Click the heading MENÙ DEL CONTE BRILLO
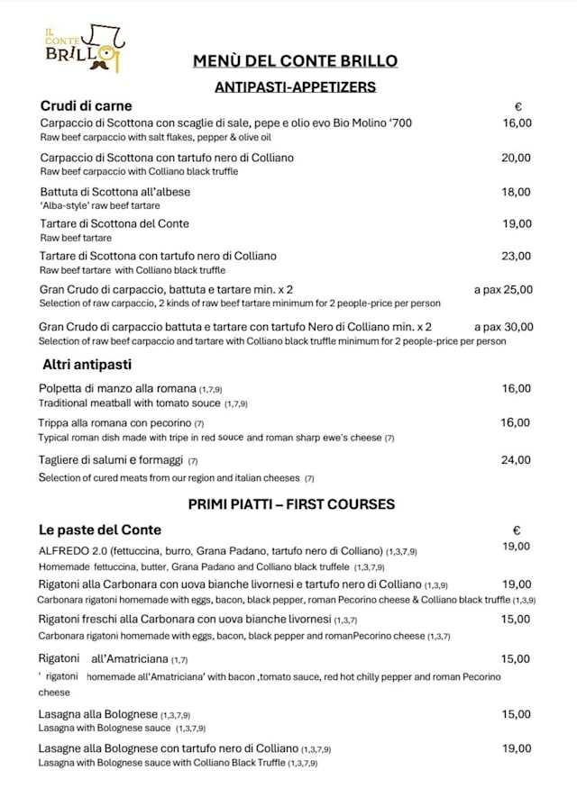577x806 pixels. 295,61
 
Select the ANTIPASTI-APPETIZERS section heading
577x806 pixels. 295,87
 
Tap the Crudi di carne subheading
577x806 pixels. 86,106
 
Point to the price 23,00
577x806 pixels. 517,256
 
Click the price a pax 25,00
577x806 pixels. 503,290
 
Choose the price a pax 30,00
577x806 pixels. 503,327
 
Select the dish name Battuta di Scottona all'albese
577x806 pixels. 115,192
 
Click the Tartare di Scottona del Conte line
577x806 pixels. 114,223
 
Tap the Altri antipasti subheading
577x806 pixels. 87,365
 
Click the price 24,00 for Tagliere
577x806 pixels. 517,460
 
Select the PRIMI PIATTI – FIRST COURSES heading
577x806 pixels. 291,504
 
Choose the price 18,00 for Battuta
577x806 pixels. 517,192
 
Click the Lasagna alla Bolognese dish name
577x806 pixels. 98,714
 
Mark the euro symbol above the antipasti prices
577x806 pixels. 518,106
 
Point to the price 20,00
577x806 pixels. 517,158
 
